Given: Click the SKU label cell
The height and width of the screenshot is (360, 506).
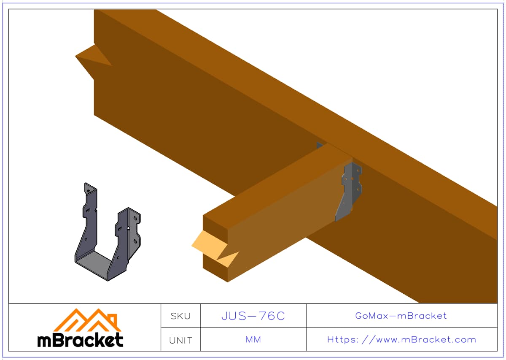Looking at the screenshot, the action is [x=180, y=316].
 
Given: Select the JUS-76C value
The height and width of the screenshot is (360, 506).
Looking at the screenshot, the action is [x=253, y=316].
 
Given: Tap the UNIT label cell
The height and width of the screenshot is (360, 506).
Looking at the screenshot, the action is [x=180, y=340].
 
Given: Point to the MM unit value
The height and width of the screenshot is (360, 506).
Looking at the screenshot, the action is [x=253, y=339].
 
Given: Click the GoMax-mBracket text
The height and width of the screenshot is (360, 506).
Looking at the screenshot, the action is [x=401, y=316].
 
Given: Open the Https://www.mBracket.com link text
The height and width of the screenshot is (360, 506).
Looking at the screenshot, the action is [x=401, y=340].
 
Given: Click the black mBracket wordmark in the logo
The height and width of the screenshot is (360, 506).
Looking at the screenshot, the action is [x=80, y=340].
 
